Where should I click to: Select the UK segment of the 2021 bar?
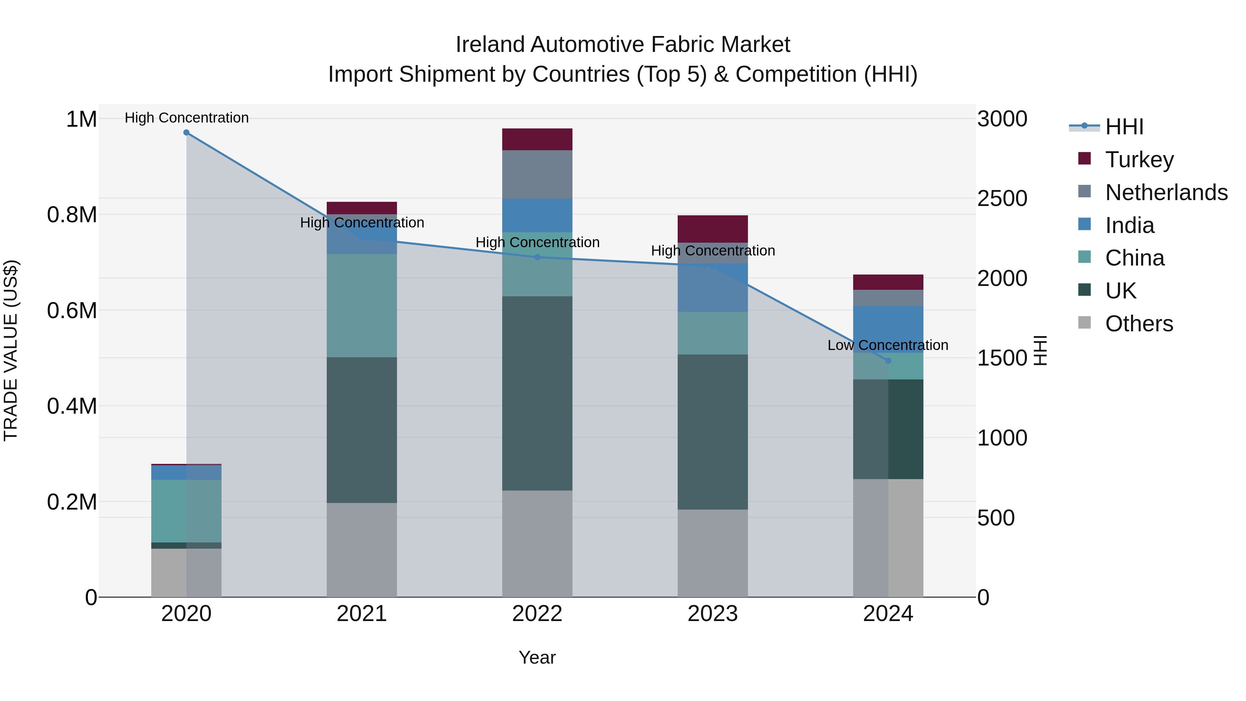tap(362, 430)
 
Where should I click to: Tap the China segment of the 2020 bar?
tap(186, 511)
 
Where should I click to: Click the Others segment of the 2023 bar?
tap(713, 553)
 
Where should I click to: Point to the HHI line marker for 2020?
tap(186, 133)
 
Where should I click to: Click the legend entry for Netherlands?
tap(1166, 192)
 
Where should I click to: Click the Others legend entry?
tap(1139, 324)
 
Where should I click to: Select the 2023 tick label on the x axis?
tap(713, 614)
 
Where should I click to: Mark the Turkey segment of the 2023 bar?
tap(713, 229)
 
